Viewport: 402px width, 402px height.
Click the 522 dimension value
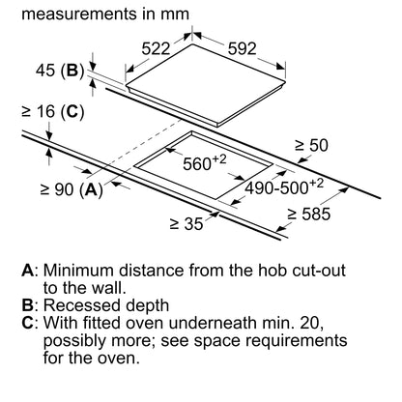(x=156, y=49)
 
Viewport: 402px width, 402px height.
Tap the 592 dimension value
(x=242, y=48)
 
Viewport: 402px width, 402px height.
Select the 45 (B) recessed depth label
(x=60, y=71)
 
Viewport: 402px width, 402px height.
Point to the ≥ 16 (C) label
(x=53, y=112)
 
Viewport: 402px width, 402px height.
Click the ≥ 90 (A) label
(x=72, y=189)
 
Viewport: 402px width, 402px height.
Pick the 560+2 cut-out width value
(x=205, y=162)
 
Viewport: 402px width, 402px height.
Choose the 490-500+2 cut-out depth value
(x=284, y=187)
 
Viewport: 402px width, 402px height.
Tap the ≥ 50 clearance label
(x=311, y=145)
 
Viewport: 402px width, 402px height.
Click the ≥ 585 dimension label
(x=309, y=214)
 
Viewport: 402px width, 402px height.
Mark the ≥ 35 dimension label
(x=187, y=224)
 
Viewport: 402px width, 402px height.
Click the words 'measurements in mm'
(x=105, y=14)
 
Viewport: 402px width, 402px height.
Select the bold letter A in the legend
(x=28, y=271)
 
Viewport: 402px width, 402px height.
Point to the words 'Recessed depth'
(x=106, y=305)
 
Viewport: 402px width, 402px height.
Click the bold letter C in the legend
(x=28, y=323)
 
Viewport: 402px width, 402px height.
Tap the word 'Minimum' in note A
(x=79, y=271)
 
